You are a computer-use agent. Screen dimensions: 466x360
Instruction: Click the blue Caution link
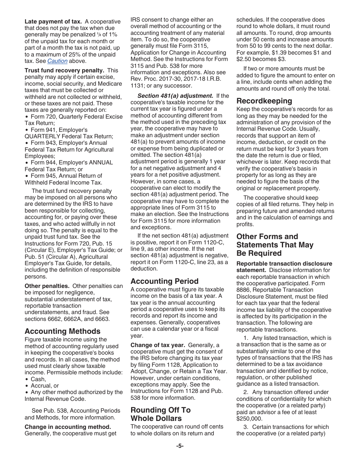tap(57, 61)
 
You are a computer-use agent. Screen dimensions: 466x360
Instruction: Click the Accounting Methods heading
tap(63, 331)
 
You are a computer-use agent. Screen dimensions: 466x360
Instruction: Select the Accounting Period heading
tap(164, 281)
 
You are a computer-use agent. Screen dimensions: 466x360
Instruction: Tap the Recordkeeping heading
tap(264, 101)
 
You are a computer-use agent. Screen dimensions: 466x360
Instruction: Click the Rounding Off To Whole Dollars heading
tap(160, 414)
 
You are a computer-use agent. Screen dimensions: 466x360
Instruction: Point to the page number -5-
tap(180, 446)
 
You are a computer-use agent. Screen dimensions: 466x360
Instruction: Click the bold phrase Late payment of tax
tap(53, 22)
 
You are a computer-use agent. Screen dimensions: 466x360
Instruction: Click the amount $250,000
tap(249, 419)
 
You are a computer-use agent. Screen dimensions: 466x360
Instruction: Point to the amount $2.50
tap(244, 59)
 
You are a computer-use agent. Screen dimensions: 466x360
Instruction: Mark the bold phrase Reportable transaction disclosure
tap(284, 263)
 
